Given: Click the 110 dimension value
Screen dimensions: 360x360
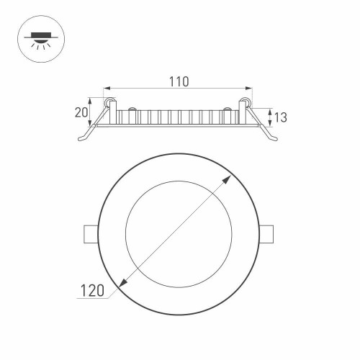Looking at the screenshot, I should click(x=179, y=82).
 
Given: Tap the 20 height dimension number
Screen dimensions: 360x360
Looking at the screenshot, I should click(x=81, y=112).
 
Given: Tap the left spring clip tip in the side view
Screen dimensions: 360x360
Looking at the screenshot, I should click(x=81, y=138).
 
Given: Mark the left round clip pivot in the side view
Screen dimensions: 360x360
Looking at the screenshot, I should click(x=111, y=104).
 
